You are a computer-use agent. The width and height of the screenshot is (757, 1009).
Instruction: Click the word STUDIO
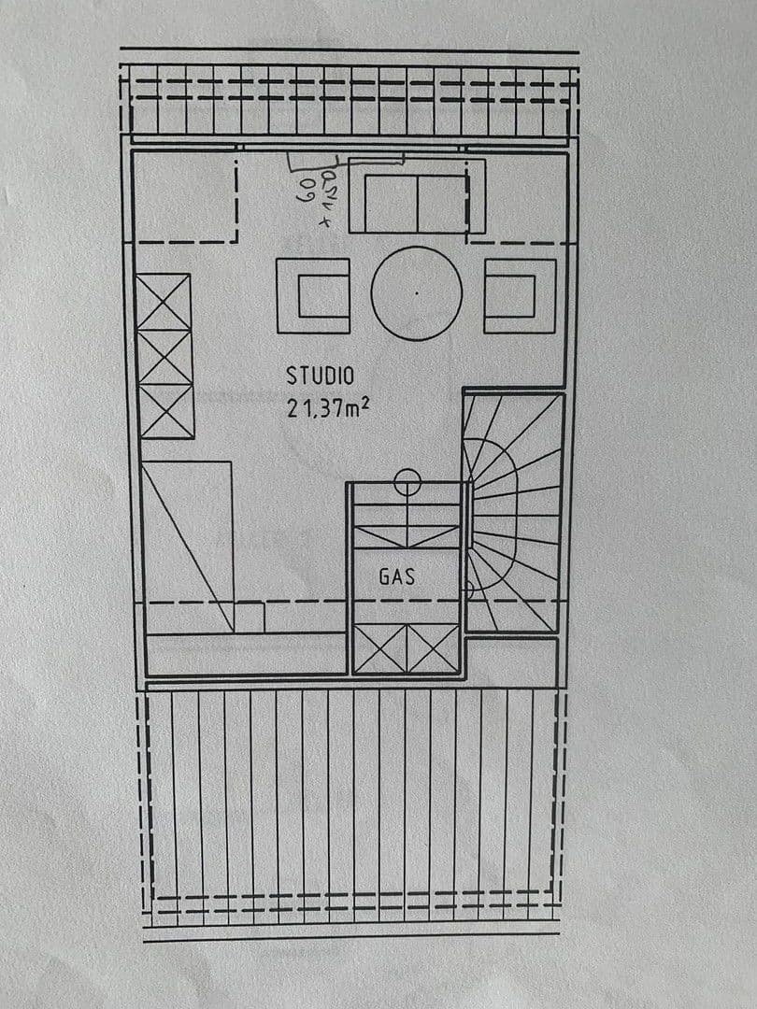click(x=320, y=376)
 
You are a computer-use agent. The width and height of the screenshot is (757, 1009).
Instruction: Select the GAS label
click(x=396, y=576)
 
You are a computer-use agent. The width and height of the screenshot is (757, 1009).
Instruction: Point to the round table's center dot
click(x=416, y=292)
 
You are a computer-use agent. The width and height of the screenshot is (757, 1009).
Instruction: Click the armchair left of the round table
click(x=313, y=296)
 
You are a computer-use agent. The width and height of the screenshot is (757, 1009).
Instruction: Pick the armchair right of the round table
click(x=520, y=296)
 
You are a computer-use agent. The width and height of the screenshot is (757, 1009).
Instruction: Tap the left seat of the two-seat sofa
click(x=391, y=203)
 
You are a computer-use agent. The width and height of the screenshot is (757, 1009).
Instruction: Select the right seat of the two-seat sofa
click(x=442, y=203)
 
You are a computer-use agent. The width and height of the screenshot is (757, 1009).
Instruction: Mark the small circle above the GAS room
click(x=407, y=482)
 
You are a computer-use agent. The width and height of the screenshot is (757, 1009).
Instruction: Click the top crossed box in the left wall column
click(x=164, y=301)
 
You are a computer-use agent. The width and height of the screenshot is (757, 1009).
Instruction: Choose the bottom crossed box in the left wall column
click(x=166, y=411)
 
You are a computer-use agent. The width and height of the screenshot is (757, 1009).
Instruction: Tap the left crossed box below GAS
click(x=381, y=648)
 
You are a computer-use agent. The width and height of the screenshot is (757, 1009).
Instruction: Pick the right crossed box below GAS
click(x=434, y=648)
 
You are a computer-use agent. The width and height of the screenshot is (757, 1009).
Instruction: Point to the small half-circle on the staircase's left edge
click(x=469, y=586)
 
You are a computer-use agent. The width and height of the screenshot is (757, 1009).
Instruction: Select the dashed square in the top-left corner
click(x=184, y=197)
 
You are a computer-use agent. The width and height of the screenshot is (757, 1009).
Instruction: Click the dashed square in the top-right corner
click(x=518, y=197)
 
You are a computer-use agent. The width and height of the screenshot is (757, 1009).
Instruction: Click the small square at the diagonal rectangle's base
click(x=250, y=618)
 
